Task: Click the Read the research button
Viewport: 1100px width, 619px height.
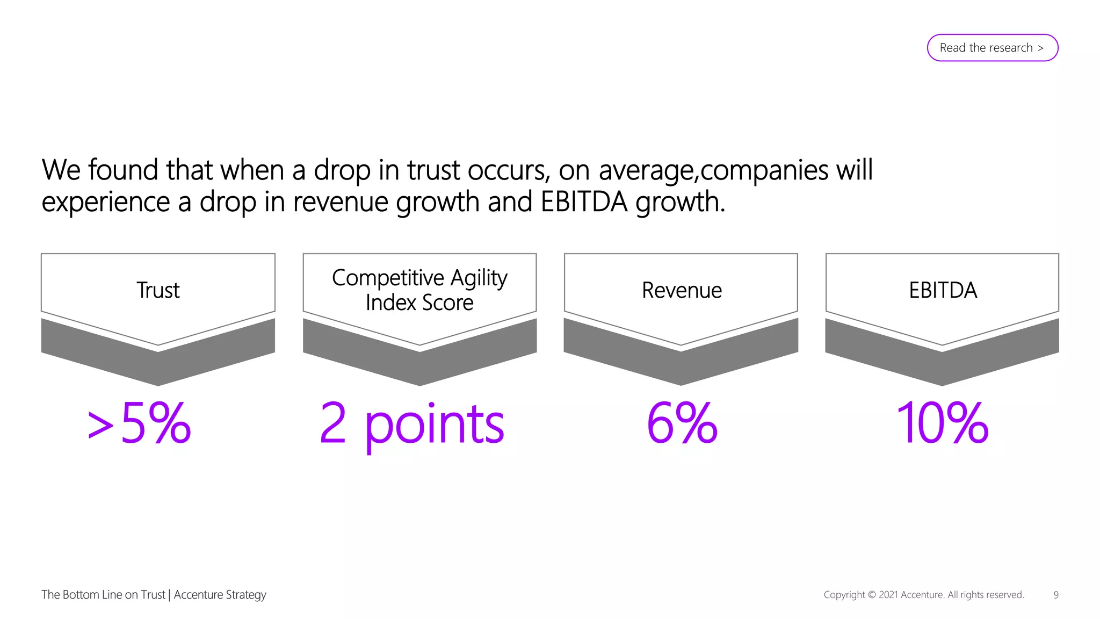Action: [992, 48]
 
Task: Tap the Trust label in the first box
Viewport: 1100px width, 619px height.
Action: [158, 290]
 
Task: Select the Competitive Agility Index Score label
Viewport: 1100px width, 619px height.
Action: [419, 290]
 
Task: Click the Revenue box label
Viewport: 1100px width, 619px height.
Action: [681, 290]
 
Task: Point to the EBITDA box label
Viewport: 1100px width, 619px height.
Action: [943, 290]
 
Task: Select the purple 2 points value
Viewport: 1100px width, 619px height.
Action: [412, 424]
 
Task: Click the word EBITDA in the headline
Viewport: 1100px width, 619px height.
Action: [584, 202]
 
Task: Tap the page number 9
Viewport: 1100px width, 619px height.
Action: [1056, 595]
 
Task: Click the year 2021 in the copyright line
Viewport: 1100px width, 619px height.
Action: [888, 595]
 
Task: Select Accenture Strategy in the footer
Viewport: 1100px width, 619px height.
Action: [220, 595]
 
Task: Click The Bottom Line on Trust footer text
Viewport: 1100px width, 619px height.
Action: [103, 595]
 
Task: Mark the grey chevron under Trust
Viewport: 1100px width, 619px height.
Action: [158, 365]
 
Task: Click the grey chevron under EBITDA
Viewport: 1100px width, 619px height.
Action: [942, 365]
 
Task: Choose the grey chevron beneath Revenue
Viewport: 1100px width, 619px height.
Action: [681, 365]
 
